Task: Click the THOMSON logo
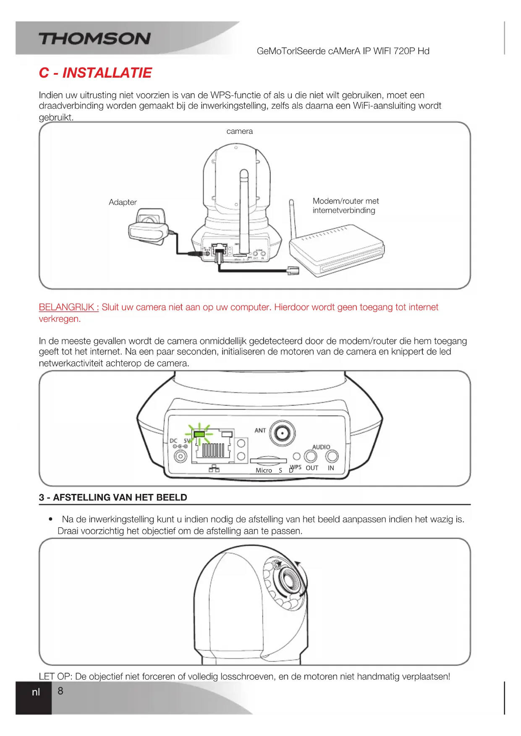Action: tap(95, 39)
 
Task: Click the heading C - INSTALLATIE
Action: tap(95, 73)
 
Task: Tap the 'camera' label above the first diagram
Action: tap(239, 131)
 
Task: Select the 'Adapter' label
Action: tap(123, 202)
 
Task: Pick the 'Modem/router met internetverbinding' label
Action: tap(346, 206)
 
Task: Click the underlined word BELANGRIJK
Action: tap(68, 307)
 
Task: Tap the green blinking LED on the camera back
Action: tap(199, 434)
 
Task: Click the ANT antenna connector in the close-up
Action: tap(282, 433)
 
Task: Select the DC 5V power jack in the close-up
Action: tap(181, 456)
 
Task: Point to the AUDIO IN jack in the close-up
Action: tap(332, 456)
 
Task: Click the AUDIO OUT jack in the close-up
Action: tap(311, 456)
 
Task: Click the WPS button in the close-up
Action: tap(296, 457)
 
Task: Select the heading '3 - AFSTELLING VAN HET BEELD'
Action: tap(113, 498)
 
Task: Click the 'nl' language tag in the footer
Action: tap(36, 692)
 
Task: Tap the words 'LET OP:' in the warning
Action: tap(55, 676)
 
